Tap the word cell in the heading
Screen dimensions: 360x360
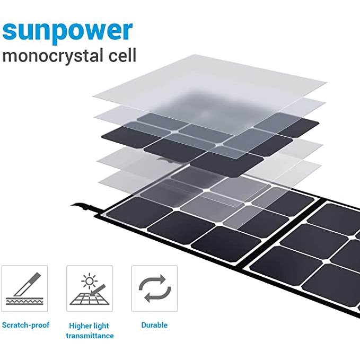tap(121, 55)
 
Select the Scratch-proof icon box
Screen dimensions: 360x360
tap(25, 288)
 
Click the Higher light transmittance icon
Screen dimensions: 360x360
tap(90, 288)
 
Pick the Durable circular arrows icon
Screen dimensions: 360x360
tap(154, 288)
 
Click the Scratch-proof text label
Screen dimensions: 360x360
tap(25, 324)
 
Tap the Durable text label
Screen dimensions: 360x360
tap(154, 324)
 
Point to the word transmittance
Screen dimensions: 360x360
tap(90, 336)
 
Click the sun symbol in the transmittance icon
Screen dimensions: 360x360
tap(86, 279)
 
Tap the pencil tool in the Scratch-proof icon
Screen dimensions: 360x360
tap(27, 284)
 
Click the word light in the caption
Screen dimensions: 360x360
tap(103, 326)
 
